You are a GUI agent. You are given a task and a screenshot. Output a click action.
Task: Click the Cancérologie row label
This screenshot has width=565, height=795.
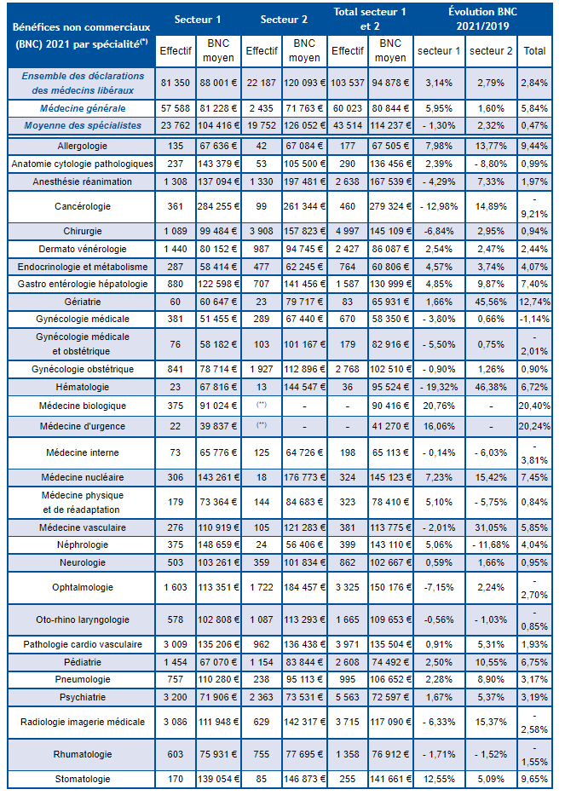tap(82, 206)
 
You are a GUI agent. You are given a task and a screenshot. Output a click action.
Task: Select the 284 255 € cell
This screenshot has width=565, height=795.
tap(218, 206)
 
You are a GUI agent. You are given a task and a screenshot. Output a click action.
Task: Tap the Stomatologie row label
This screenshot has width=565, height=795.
tap(82, 779)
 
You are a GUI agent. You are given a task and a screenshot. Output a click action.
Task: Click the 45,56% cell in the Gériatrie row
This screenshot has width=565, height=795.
tap(491, 302)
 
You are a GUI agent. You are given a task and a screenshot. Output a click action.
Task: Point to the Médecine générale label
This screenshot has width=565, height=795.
tap(83, 108)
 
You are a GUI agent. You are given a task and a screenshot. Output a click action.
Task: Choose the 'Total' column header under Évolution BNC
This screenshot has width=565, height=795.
tap(534, 51)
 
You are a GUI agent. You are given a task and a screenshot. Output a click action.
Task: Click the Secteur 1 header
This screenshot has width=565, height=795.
tap(198, 20)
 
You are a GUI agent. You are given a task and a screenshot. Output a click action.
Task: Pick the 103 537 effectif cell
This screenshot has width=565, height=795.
tap(348, 83)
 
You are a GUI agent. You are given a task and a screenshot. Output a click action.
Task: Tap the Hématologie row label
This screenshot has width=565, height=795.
tap(82, 387)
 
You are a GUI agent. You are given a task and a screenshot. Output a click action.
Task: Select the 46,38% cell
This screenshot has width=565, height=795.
tap(491, 387)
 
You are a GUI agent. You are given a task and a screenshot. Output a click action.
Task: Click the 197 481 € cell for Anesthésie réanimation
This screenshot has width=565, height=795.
tap(304, 181)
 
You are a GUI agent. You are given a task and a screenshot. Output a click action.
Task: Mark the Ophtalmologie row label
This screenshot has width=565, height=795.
tap(82, 587)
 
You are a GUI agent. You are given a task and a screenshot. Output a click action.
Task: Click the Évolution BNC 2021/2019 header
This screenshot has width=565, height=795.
tap(483, 19)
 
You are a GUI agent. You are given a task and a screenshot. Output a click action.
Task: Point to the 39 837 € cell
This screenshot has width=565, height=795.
tap(218, 426)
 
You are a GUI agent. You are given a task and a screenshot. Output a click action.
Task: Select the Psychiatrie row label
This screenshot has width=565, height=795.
tap(82, 697)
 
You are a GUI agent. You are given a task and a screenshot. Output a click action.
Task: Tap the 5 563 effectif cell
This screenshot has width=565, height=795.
tap(348, 697)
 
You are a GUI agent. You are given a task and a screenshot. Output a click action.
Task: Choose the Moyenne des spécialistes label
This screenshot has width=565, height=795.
tap(83, 126)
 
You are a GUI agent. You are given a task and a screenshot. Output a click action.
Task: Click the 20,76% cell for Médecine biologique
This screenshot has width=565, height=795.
tap(439, 406)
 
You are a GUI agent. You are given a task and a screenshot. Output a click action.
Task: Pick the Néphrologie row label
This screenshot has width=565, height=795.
tap(82, 545)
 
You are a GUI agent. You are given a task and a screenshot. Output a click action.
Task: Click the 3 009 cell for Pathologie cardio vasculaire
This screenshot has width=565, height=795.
tap(175, 644)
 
